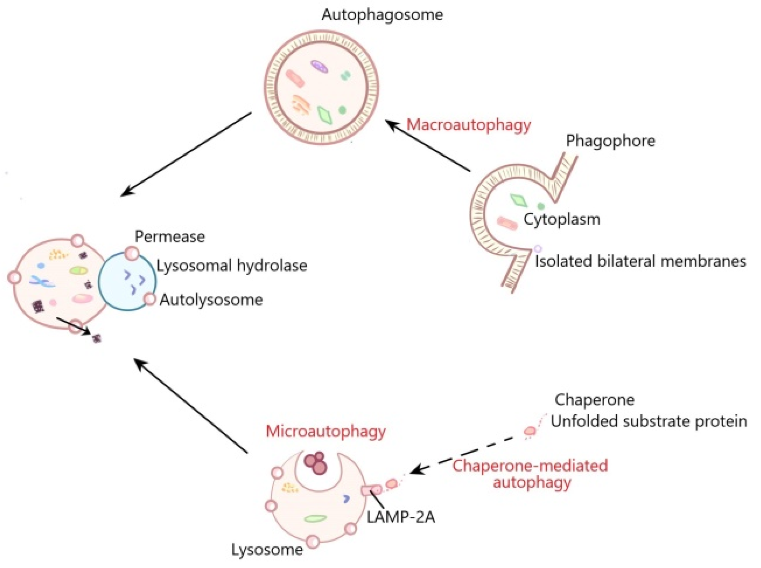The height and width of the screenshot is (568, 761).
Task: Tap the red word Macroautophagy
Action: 469,125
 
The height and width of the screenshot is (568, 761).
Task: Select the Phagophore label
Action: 610,141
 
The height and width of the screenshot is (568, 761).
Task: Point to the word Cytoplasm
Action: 562,220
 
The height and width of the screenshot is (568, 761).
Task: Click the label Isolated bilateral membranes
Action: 640,262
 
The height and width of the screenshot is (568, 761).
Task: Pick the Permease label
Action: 169,237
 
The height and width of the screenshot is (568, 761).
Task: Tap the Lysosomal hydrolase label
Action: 232,266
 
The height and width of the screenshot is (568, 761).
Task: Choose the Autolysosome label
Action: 211,300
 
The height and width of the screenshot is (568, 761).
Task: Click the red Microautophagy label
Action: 326,432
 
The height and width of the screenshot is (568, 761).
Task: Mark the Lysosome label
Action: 267,550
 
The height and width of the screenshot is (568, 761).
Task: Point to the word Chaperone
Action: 594,400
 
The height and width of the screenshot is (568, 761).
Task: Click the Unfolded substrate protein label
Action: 649,421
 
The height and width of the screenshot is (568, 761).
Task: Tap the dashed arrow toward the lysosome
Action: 462,455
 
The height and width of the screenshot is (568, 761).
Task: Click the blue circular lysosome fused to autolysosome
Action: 127,281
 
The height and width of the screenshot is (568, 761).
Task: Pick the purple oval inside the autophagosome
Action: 319,66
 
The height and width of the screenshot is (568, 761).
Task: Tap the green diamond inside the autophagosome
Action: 325,115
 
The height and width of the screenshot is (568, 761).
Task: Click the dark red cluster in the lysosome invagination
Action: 316,463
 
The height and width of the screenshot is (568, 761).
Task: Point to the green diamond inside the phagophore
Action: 518,200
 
